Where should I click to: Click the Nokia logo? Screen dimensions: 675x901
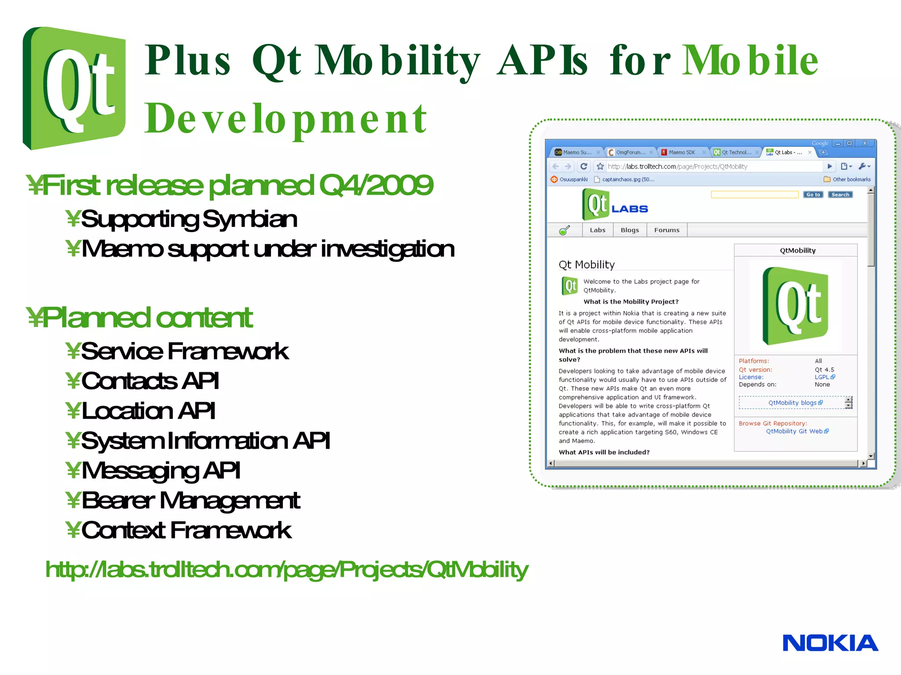tap(830, 643)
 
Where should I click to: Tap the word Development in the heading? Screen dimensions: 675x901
tap(286, 119)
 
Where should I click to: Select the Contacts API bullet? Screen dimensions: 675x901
tap(150, 381)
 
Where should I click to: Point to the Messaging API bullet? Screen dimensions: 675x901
tap(161, 470)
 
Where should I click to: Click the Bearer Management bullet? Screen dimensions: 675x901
tap(190, 501)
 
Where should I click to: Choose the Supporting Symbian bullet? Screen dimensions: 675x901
tap(189, 219)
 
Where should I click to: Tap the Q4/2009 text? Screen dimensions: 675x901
tap(376, 185)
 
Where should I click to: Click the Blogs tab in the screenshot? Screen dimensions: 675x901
tap(630, 230)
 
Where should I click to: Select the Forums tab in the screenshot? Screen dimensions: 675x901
tap(667, 230)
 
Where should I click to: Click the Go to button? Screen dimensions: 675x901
tap(813, 195)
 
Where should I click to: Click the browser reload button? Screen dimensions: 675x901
tap(584, 166)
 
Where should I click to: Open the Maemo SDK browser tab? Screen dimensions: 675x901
tap(681, 152)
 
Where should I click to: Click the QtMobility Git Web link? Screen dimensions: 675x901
tap(794, 431)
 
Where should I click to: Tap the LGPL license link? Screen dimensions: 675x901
tap(822, 377)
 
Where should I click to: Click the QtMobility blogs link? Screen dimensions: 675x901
tap(792, 403)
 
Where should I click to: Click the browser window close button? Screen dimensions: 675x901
tap(864, 143)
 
